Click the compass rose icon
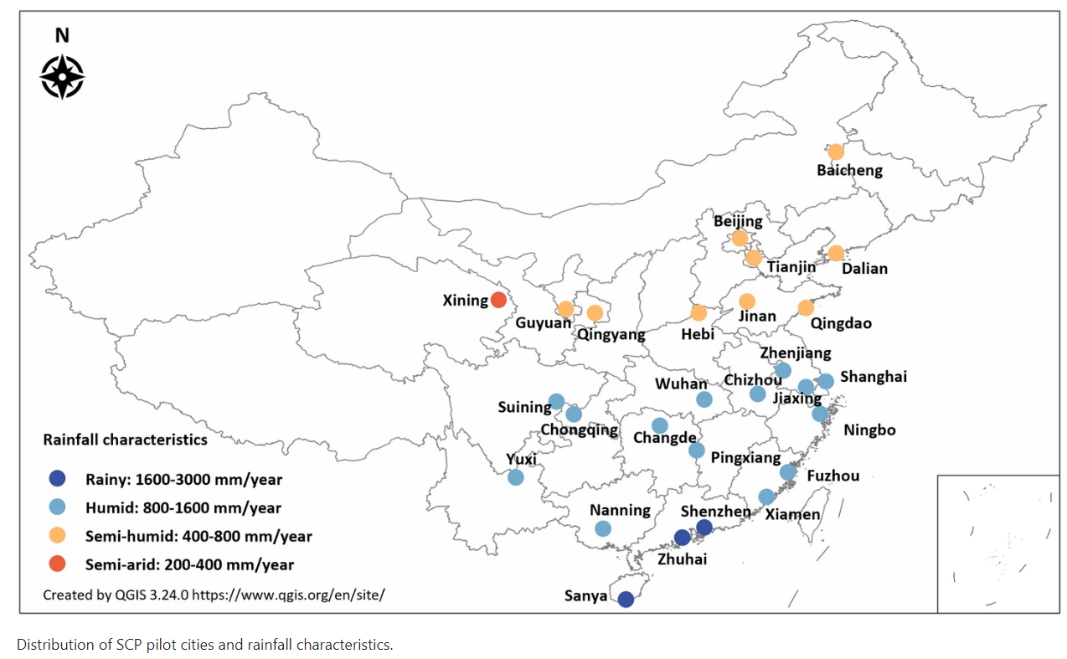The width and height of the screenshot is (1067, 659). [x=62, y=77]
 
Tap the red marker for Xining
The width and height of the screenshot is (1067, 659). [x=498, y=300]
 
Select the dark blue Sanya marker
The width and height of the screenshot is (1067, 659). [x=626, y=599]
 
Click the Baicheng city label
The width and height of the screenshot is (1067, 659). [x=849, y=171]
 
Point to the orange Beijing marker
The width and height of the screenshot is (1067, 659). [x=740, y=239]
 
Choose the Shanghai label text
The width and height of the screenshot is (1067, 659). [x=874, y=377]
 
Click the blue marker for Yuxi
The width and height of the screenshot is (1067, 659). [x=516, y=477]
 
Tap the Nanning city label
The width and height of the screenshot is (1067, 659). [x=620, y=510]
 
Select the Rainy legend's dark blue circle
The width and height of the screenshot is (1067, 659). [x=57, y=480]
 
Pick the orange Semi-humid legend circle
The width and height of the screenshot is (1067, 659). [x=57, y=536]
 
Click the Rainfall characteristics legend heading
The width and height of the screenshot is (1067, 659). [x=126, y=439]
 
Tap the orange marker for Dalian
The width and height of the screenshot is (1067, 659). [x=836, y=253]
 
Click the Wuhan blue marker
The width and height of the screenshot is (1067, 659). [x=704, y=399]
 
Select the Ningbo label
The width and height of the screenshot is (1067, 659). [x=869, y=430]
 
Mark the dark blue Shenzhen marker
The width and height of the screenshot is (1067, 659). [x=704, y=527]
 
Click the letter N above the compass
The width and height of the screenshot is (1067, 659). [x=62, y=35]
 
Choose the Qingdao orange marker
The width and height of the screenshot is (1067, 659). [x=806, y=308]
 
